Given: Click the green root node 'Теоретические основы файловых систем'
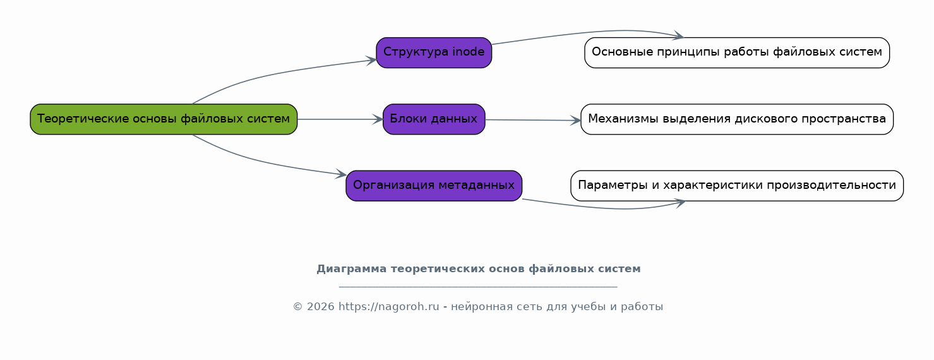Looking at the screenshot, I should pos(164,119).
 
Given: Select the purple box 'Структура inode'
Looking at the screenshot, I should pos(434,52).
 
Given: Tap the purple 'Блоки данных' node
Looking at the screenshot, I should pos(434,119).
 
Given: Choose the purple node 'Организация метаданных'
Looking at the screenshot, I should pos(434,186).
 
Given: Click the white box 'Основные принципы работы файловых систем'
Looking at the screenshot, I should pos(736,52).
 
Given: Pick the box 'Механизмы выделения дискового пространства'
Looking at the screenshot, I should pos(736,119).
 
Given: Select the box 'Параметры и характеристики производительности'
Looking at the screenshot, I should pos(736,186).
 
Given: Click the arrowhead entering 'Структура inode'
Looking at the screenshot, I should pos(372,61).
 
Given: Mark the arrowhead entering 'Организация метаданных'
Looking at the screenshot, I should pos(342,174).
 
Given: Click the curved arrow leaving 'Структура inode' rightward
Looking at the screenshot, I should pos(587,33).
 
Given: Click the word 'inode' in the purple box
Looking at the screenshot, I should pos(468,52).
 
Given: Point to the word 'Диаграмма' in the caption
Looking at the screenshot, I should pos(351,269).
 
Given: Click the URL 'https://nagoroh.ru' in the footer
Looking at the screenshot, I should pos(388,307).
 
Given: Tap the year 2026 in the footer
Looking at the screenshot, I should pos(320,307).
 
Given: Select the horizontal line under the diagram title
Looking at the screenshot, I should pos(478,287).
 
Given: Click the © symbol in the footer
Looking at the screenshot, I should pos(298,307).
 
